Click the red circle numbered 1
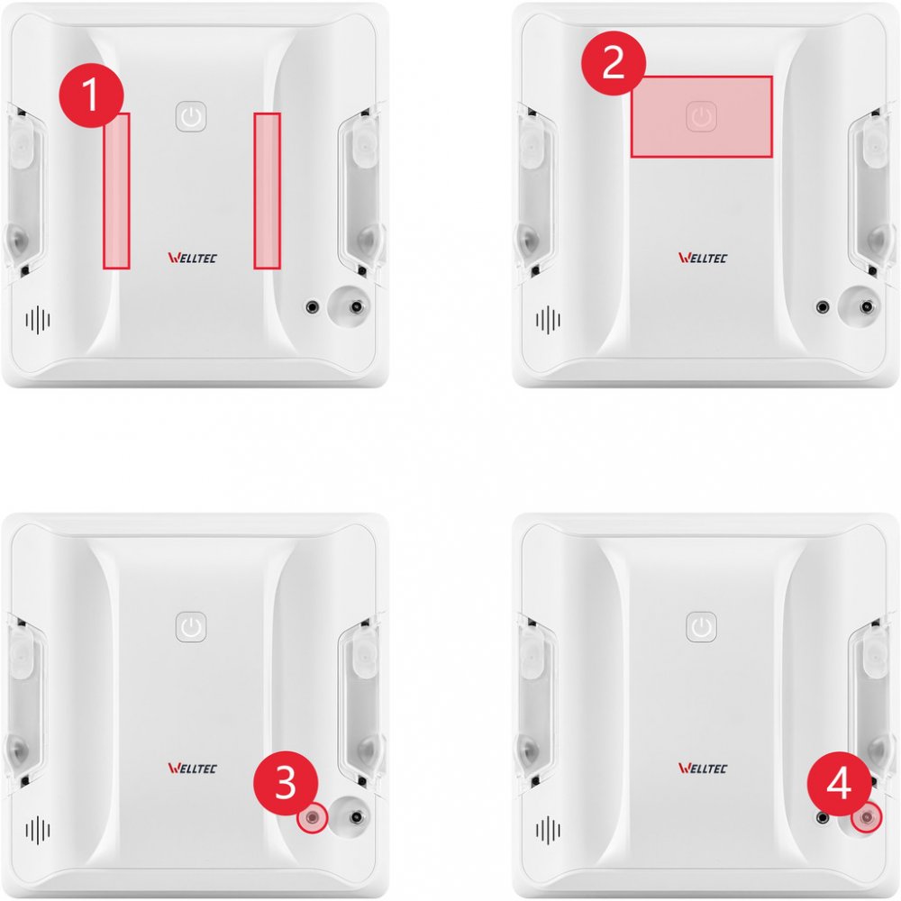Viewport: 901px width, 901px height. (91, 95)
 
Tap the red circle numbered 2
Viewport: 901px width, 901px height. (614, 63)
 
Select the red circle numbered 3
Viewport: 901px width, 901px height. (286, 783)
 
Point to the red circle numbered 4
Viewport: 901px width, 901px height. (839, 783)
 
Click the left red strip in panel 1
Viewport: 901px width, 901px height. (116, 191)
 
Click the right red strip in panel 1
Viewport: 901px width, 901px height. (268, 191)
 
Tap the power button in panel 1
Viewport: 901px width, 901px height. (191, 116)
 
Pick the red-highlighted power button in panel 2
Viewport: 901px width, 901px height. (701, 116)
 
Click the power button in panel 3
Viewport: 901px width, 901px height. (191, 626)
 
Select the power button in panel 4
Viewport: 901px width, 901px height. (701, 626)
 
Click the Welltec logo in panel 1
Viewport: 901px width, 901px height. (193, 258)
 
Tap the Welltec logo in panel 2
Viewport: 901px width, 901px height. (703, 258)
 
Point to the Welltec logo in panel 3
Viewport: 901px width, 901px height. (193, 769)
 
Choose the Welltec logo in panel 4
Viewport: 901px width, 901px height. (703, 769)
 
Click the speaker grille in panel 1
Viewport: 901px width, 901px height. (38, 320)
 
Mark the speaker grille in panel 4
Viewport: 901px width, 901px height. (548, 830)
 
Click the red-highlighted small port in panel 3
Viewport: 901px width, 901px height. (312, 817)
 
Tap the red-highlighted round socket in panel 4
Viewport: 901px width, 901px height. (867, 817)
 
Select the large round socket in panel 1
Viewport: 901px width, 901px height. (350, 307)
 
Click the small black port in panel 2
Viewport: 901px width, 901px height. (823, 307)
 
